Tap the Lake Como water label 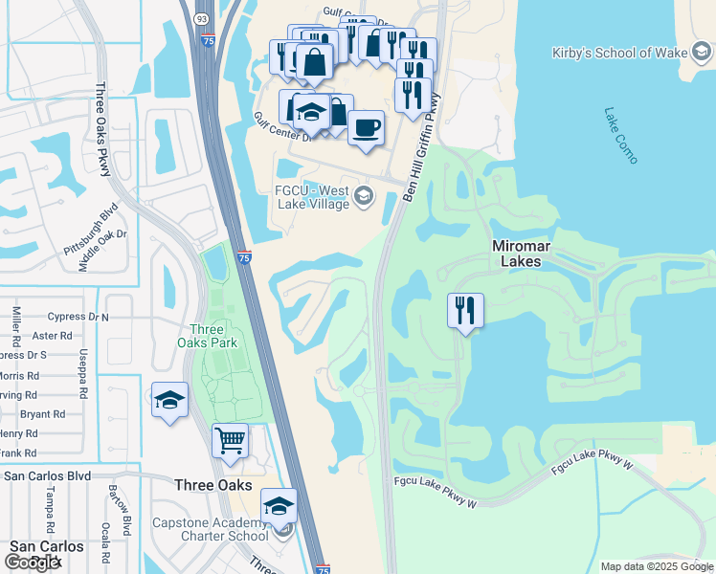click(620, 134)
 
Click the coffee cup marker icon click(365, 127)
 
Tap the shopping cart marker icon click(230, 441)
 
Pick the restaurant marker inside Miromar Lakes click(465, 310)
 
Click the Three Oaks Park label click(207, 335)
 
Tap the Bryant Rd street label click(42, 414)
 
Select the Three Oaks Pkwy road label click(103, 129)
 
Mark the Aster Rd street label click(53, 336)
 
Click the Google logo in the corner click(33, 563)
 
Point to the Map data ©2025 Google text click(656, 566)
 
